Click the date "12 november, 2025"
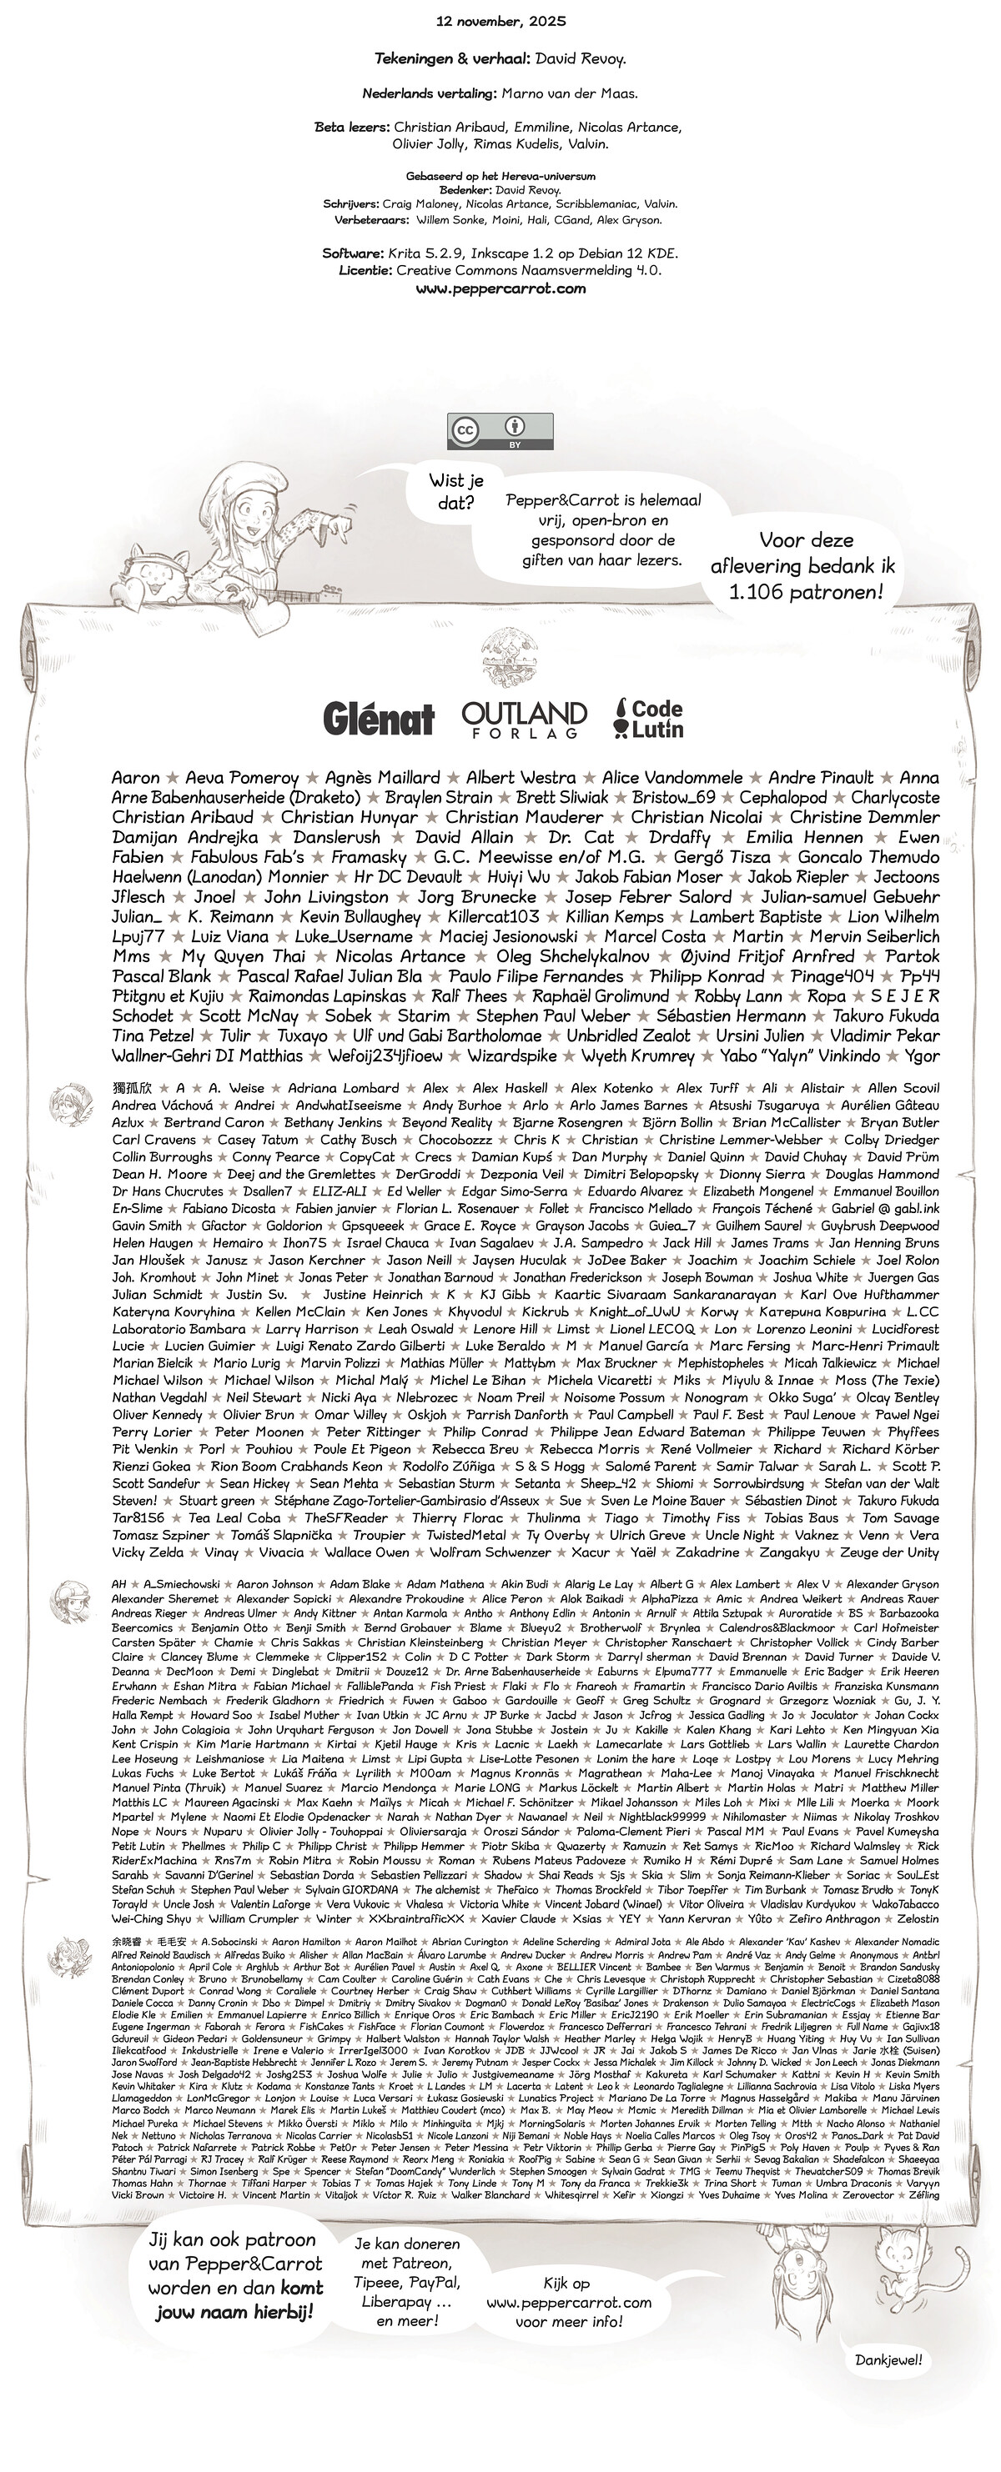click(500, 20)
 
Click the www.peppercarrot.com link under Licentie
click(500, 288)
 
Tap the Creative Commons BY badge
click(500, 431)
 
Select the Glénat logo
click(378, 718)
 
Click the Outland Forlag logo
click(523, 719)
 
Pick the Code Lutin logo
click(649, 718)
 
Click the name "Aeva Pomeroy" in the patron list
click(241, 777)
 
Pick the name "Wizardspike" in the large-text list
click(511, 1055)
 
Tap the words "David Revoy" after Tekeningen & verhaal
click(580, 59)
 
